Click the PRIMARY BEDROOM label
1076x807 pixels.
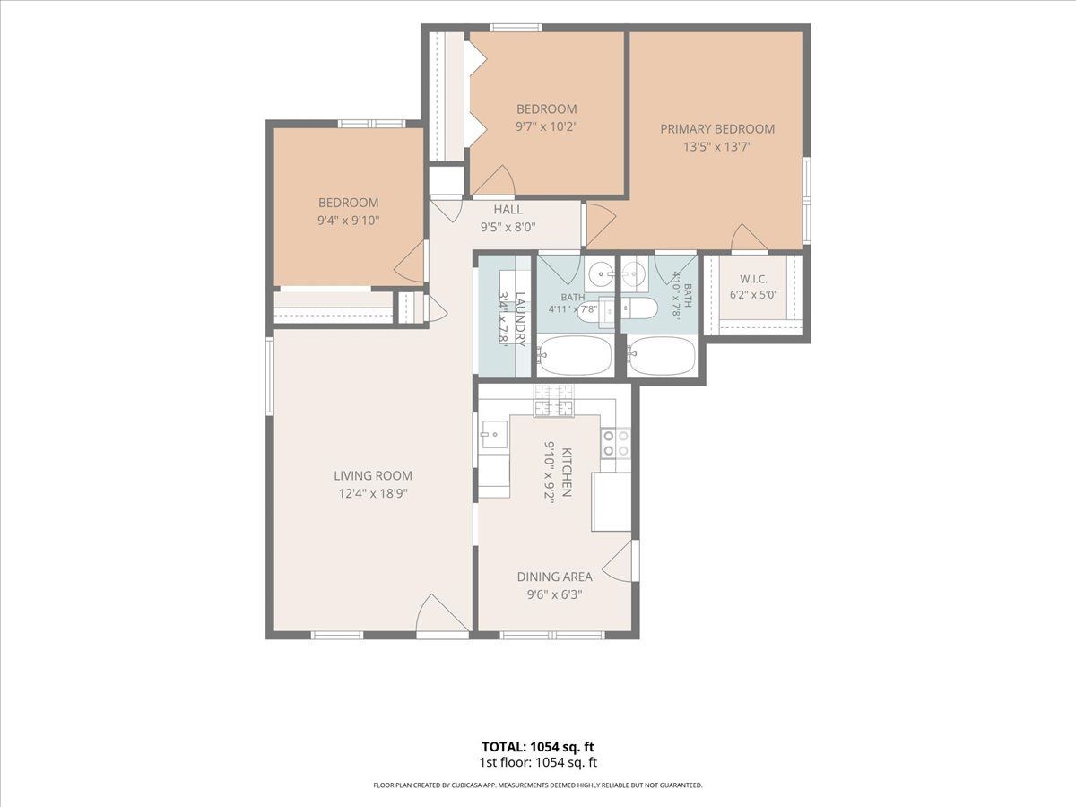click(x=717, y=129)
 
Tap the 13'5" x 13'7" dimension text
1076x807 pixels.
click(x=717, y=146)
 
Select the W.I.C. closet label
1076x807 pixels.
click(x=753, y=279)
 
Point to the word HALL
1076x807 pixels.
click(x=508, y=209)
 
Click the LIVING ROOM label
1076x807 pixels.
click(x=373, y=475)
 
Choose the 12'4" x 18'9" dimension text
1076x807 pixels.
click(x=373, y=493)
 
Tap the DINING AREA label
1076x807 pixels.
click(x=554, y=577)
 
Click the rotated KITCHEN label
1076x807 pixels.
click(x=566, y=473)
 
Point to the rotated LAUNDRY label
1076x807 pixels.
click(x=520, y=319)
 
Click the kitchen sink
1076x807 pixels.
click(x=494, y=434)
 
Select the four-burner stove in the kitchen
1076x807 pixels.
click(x=616, y=444)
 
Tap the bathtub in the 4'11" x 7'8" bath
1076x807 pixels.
click(x=575, y=355)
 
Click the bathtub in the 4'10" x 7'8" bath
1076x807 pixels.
click(x=661, y=355)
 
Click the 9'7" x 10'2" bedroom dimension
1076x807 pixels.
click(x=547, y=126)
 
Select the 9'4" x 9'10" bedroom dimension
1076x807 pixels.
click(x=349, y=220)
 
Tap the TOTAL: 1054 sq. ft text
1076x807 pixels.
click(x=538, y=747)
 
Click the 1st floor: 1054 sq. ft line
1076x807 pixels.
click(x=538, y=762)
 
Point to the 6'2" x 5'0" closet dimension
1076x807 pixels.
click(x=754, y=295)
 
